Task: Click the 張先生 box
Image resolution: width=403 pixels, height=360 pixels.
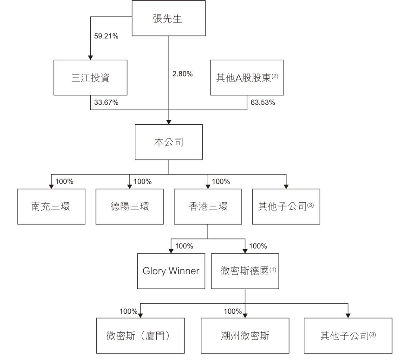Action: (169, 19)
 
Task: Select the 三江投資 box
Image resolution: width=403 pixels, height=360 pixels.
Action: (90, 78)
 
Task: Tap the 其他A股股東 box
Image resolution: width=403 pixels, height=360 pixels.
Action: (247, 78)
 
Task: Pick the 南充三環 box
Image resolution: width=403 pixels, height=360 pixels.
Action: (51, 206)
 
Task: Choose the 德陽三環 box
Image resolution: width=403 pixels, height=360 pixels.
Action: (129, 206)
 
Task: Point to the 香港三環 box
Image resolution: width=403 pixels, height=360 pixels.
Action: (208, 206)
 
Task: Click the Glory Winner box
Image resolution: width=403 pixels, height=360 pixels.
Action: (171, 271)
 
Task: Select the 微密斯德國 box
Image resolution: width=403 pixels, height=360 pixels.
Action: (245, 271)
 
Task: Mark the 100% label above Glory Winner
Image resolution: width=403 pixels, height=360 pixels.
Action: (184, 246)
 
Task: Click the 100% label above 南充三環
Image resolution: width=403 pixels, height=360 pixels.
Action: (65, 182)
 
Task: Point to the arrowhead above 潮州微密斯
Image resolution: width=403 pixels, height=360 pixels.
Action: (245, 315)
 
